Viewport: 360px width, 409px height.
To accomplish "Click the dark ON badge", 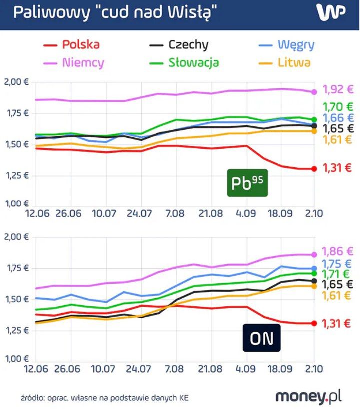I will (261, 339).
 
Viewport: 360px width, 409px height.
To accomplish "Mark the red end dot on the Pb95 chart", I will (314, 169).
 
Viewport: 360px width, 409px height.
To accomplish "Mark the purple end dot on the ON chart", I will (314, 254).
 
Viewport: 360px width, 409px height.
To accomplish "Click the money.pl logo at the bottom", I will (309, 396).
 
